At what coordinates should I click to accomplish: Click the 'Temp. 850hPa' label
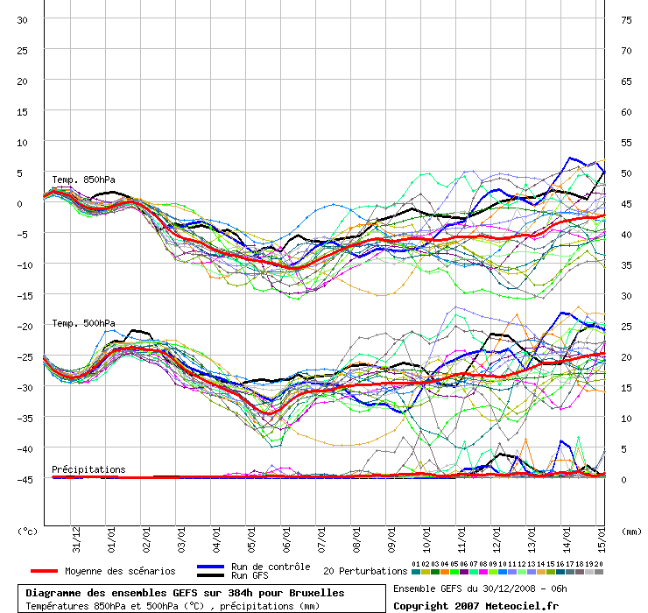83,180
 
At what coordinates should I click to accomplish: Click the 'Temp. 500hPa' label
83,324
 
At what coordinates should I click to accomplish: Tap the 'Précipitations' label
88,469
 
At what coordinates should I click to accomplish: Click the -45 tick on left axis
24,479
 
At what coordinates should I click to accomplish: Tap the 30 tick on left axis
24,20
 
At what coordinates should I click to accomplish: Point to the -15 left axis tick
24,295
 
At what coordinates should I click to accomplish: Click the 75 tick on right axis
626,20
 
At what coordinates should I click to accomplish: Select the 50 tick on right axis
626,173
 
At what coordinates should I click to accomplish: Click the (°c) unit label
28,531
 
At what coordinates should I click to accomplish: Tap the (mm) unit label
631,531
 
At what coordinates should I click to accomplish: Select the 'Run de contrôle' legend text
271,567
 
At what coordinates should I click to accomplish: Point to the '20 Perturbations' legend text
365,571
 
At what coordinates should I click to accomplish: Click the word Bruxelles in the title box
314,593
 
